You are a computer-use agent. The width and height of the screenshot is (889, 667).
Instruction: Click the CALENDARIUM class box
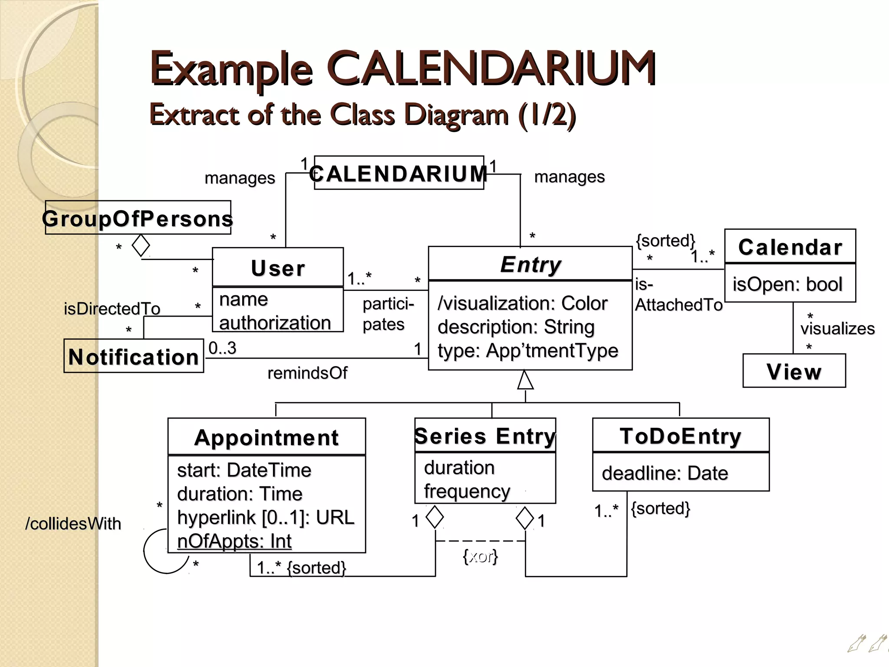399,173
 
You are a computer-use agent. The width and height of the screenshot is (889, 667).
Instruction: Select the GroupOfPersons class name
138,218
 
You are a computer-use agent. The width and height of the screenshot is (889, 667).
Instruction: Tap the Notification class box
134,357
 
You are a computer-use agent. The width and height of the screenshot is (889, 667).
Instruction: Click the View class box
794,371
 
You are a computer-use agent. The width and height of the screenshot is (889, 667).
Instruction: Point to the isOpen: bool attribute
787,284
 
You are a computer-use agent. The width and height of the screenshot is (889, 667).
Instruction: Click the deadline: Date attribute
665,473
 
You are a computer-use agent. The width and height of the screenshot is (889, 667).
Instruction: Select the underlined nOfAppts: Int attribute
234,542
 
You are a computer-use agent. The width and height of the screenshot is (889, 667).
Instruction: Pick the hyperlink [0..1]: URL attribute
266,518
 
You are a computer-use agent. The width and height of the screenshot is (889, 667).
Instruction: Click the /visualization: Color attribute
522,304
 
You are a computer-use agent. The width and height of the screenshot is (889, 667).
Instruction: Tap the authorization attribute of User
275,323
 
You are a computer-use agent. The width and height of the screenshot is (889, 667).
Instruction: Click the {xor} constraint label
480,556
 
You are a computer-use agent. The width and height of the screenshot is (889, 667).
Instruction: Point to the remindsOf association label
307,373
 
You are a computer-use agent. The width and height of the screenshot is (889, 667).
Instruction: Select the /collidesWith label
73,524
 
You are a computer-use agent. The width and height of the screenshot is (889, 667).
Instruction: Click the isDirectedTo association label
112,309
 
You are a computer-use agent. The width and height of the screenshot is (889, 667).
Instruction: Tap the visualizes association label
837,329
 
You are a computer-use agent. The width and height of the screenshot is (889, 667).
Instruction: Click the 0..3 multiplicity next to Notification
222,348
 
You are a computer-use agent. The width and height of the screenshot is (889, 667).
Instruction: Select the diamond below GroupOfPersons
141,245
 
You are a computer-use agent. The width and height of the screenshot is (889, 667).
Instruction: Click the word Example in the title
231,69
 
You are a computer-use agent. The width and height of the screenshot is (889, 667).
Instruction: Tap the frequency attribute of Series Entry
467,492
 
